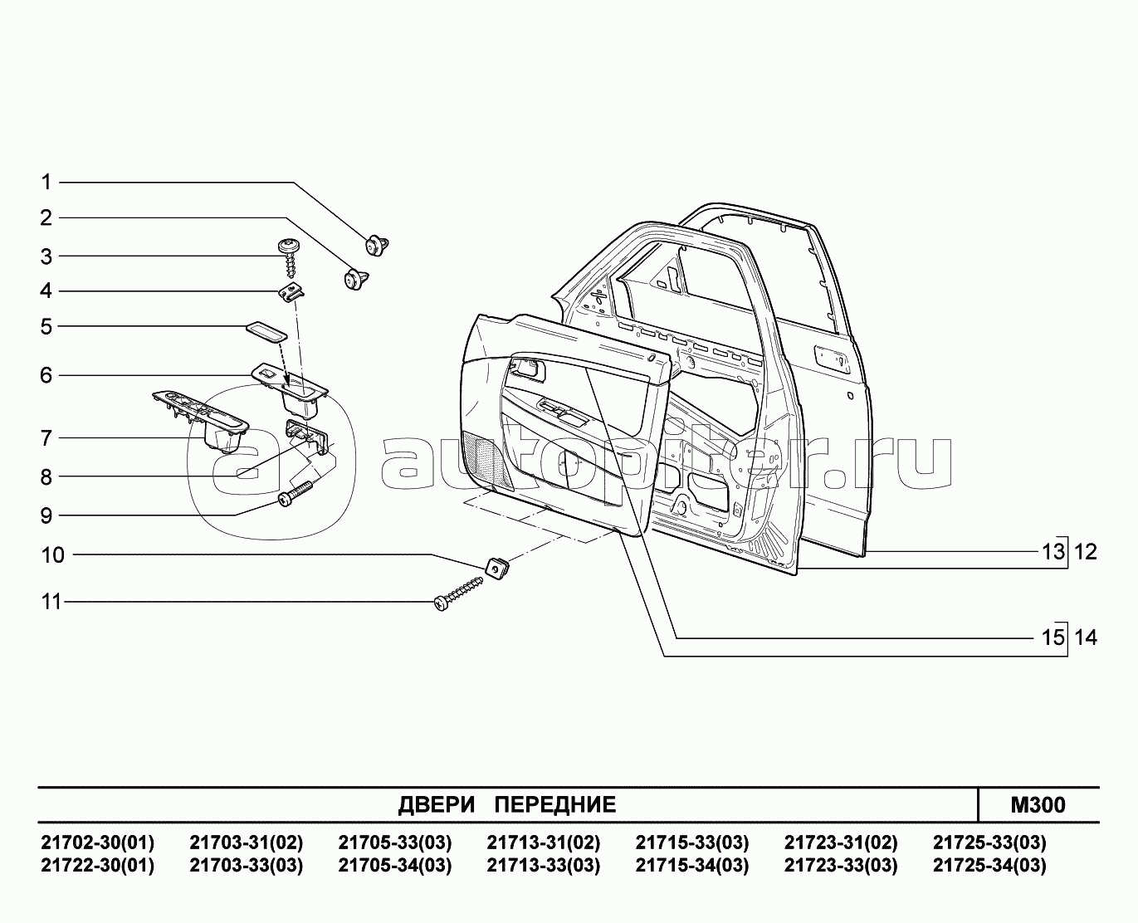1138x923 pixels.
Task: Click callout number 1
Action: (x=46, y=182)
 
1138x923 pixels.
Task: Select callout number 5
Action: (x=46, y=326)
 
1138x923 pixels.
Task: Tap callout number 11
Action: (x=51, y=601)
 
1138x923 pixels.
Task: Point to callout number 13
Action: (x=1053, y=552)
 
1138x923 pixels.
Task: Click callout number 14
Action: (x=1086, y=637)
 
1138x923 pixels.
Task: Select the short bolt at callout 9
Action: (x=297, y=494)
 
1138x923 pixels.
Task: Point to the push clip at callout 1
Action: (x=379, y=244)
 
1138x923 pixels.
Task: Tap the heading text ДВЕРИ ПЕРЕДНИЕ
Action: (x=507, y=804)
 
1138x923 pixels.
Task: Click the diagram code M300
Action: (x=1038, y=804)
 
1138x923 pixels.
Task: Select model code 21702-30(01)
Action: (x=97, y=843)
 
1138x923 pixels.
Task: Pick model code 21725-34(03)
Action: (x=989, y=866)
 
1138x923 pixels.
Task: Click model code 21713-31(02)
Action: (x=543, y=843)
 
